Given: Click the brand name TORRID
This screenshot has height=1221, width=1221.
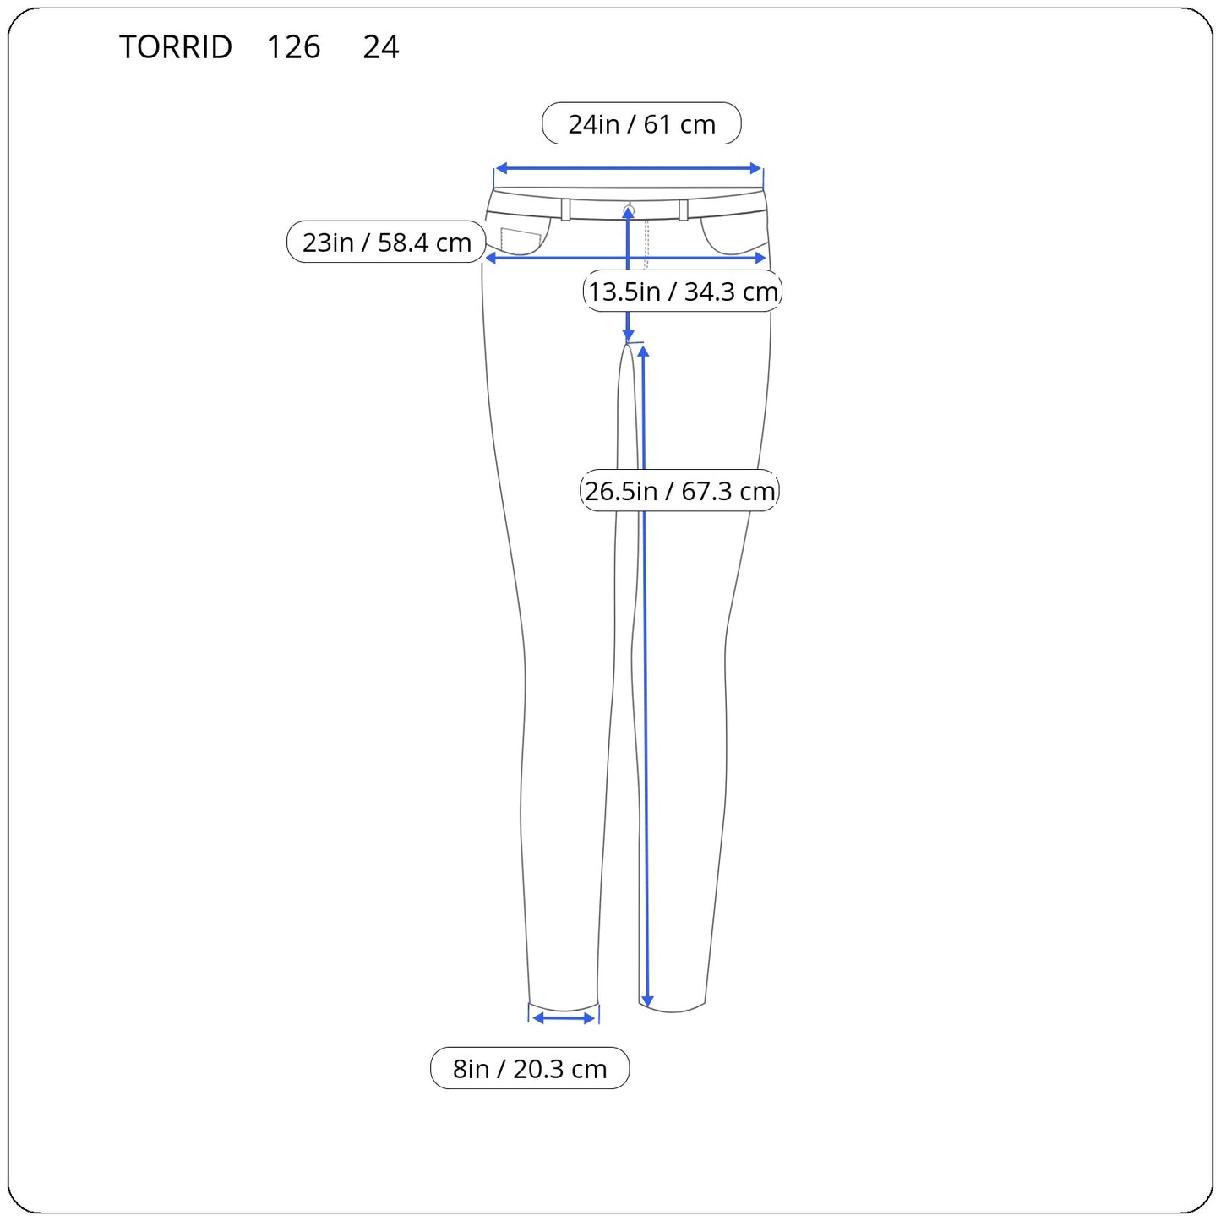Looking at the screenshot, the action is [176, 46].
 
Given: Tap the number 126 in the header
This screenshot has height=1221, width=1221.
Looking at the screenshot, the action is [293, 46].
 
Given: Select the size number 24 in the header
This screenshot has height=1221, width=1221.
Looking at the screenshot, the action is [380, 46].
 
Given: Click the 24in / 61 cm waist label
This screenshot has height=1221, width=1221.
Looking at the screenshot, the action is [641, 123].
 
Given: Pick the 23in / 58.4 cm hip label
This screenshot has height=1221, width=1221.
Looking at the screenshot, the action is [386, 242].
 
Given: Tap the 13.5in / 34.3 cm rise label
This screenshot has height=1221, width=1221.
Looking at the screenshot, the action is [683, 292].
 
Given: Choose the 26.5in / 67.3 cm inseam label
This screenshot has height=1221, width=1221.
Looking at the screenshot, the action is [679, 491].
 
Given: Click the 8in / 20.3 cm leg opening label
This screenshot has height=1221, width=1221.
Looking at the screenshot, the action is [530, 1069].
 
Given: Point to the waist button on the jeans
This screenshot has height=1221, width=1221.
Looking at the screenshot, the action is [630, 209].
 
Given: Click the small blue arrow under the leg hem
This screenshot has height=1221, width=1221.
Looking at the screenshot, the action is [564, 1018].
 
